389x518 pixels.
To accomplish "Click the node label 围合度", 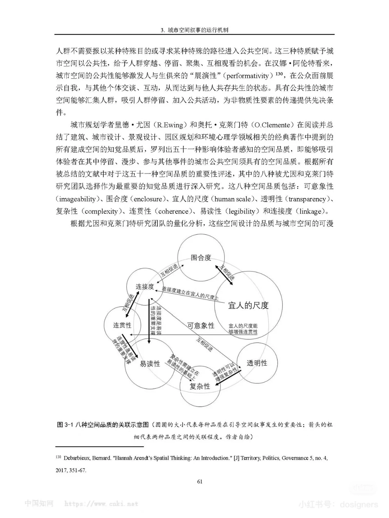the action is coord(201,258).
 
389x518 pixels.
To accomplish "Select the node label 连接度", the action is coord(145,287).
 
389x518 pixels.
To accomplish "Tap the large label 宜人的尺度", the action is coord(249,306).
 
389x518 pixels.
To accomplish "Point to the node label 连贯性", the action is coord(122,325).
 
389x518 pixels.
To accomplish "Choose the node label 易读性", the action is coord(150,364).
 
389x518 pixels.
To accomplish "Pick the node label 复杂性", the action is coord(200,386).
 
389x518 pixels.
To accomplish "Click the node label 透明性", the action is coord(257,363).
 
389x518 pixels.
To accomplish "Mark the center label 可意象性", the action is coord(201,326).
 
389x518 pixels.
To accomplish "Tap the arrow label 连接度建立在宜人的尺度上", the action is coord(190,293).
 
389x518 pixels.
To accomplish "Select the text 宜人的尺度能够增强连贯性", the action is coord(243,329).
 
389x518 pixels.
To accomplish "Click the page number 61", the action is coord(200,481).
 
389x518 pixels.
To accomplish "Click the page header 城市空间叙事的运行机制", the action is coord(198,30).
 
